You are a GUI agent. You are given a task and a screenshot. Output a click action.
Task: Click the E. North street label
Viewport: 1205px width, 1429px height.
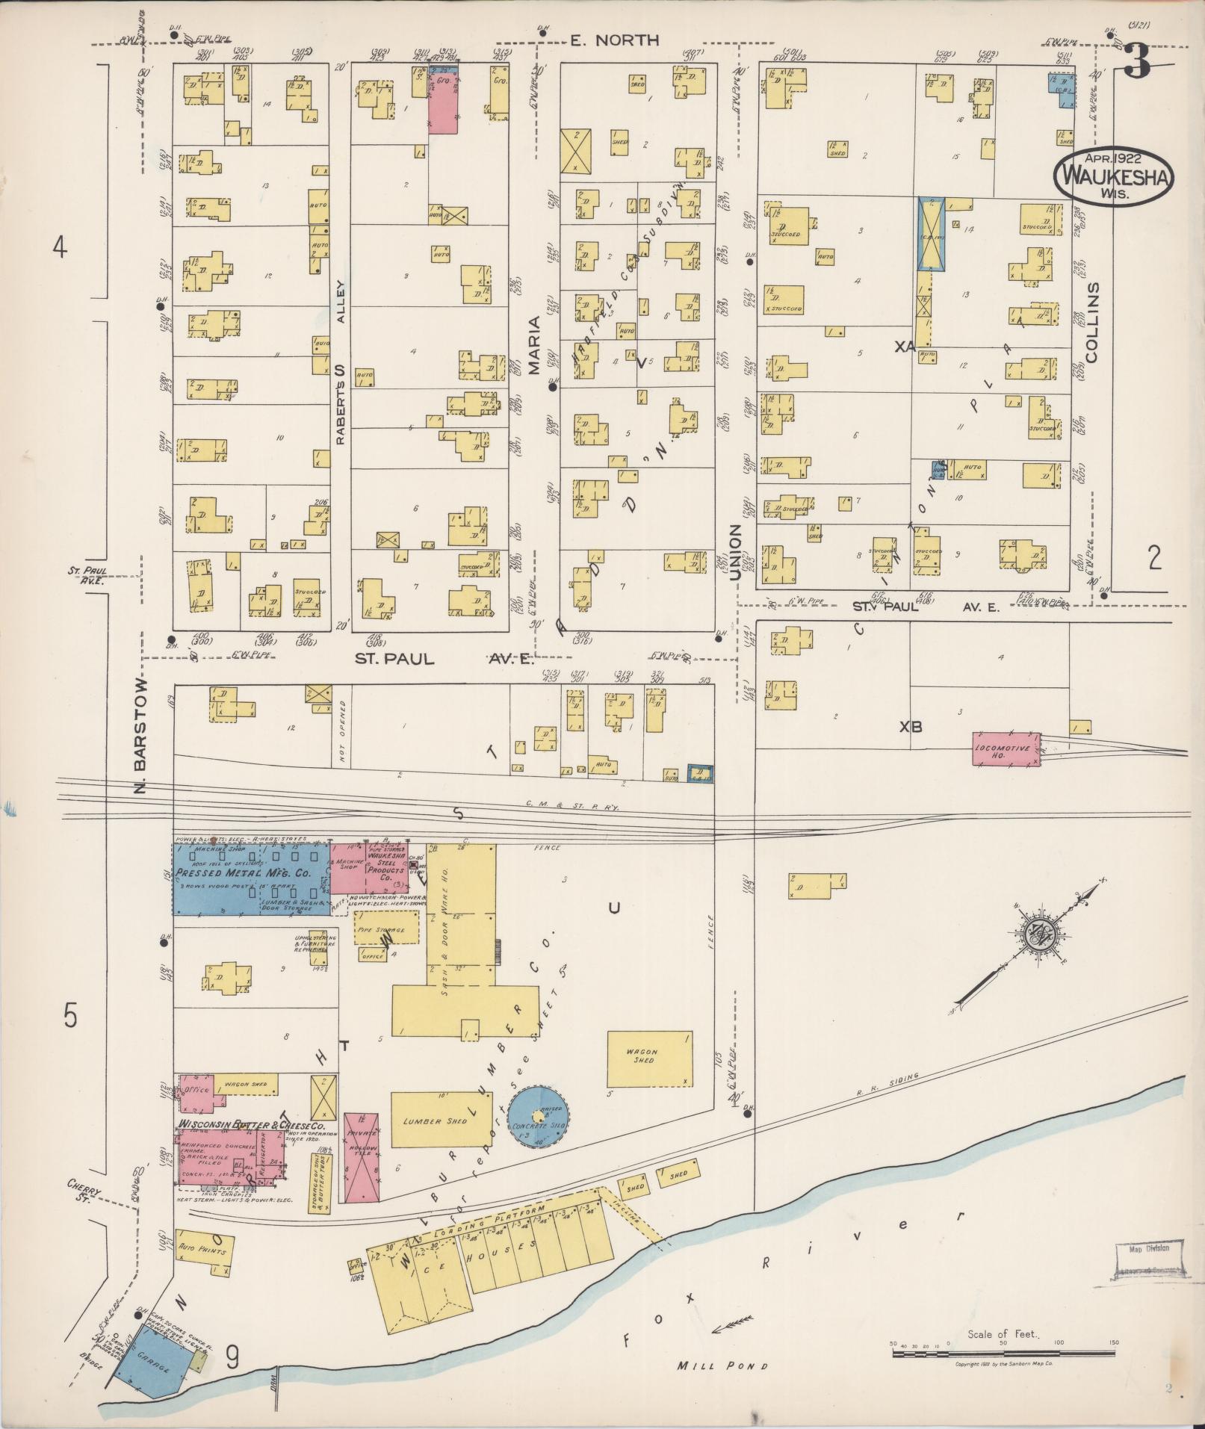pos(614,40)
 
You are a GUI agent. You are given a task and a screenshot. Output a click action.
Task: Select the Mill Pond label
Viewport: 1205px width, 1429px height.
pos(722,1366)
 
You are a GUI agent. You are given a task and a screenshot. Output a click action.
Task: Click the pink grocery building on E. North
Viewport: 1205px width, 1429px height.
pos(442,102)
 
